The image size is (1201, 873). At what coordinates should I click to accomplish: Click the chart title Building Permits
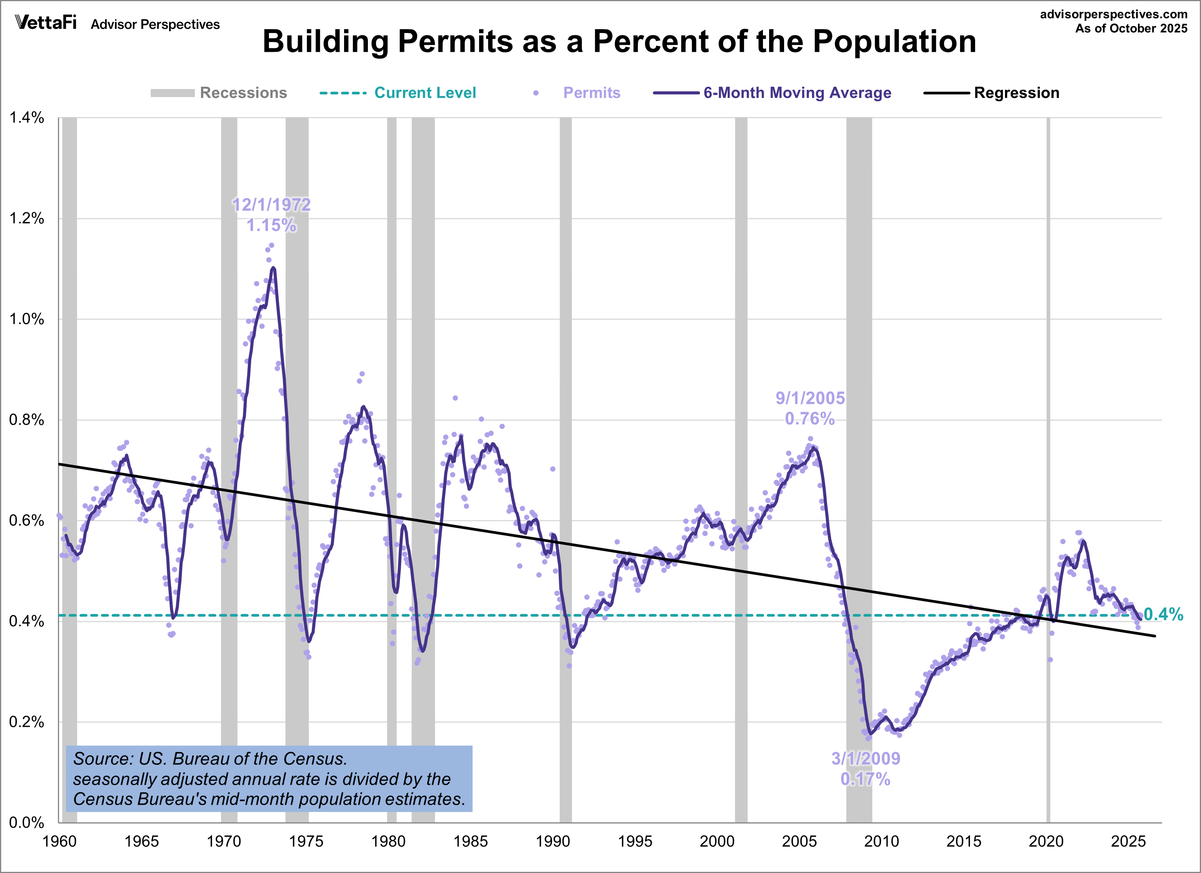point(619,41)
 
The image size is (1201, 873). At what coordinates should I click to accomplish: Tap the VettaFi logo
point(46,23)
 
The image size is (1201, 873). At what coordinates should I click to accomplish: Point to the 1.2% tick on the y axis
point(26,218)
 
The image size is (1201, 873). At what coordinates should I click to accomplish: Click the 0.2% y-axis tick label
point(26,722)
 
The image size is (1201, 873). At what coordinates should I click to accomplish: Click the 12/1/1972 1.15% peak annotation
point(271,215)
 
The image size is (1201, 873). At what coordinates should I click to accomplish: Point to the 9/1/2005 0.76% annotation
point(810,408)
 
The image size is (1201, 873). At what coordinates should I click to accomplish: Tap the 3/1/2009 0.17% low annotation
point(865,769)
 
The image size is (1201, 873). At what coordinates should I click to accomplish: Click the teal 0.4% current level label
point(1163,614)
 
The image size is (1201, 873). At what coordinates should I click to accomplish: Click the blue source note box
point(269,779)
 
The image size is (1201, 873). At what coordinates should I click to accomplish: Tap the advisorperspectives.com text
point(1113,14)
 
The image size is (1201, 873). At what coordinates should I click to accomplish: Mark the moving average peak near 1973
point(273,268)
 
